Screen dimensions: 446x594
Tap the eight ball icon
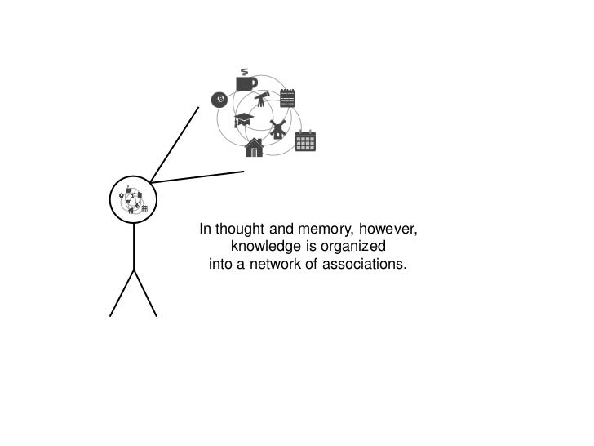[x=218, y=100]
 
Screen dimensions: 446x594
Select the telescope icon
[x=261, y=100]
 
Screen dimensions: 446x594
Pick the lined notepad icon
[x=287, y=99]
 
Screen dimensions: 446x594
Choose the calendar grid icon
[x=305, y=141]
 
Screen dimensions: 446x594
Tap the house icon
[x=255, y=147]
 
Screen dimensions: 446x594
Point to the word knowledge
[x=265, y=247]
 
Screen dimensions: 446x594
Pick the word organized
[x=352, y=247]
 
